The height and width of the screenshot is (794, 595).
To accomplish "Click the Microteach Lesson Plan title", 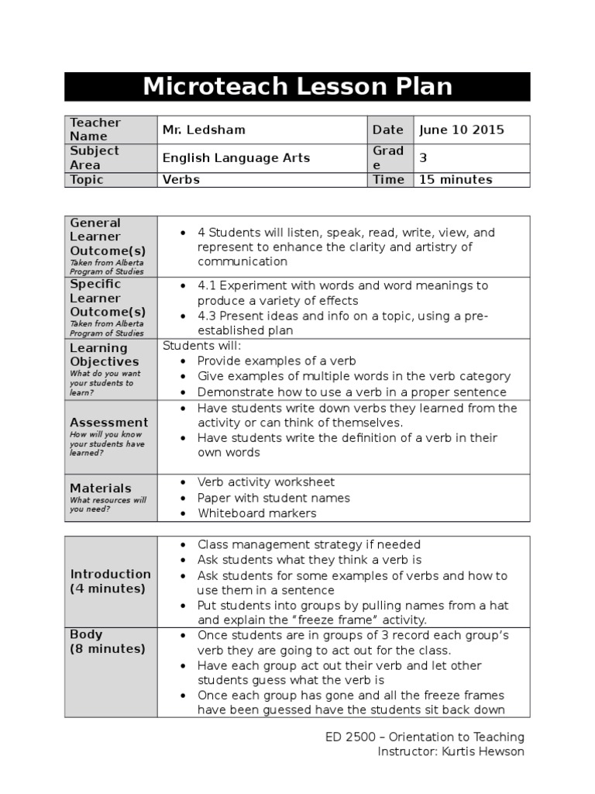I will [x=297, y=86].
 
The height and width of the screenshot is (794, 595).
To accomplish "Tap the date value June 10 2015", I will [x=461, y=129].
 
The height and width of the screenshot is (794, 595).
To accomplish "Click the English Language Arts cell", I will [x=236, y=157].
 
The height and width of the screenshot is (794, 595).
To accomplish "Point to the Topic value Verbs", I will [x=181, y=179].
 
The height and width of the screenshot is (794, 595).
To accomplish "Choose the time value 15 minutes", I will [x=456, y=179].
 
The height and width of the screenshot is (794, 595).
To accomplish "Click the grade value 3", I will [x=423, y=157].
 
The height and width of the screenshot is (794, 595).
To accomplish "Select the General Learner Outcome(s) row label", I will [x=108, y=237].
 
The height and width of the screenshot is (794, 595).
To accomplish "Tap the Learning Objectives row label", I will [x=105, y=355].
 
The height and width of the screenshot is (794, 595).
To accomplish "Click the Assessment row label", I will [x=108, y=423].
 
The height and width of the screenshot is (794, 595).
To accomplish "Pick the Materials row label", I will [x=101, y=488].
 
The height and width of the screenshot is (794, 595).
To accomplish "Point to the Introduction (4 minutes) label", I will [x=110, y=581].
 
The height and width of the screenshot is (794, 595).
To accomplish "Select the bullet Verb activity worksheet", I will [x=266, y=482].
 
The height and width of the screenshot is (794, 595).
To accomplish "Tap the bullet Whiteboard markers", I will [x=256, y=513].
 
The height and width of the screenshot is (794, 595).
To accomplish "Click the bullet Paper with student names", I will [x=273, y=498].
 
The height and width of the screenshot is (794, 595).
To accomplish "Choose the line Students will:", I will [x=201, y=345].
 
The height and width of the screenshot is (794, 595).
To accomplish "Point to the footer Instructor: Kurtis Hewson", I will [x=450, y=751].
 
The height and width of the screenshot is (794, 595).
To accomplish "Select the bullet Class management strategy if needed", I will [x=308, y=544].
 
